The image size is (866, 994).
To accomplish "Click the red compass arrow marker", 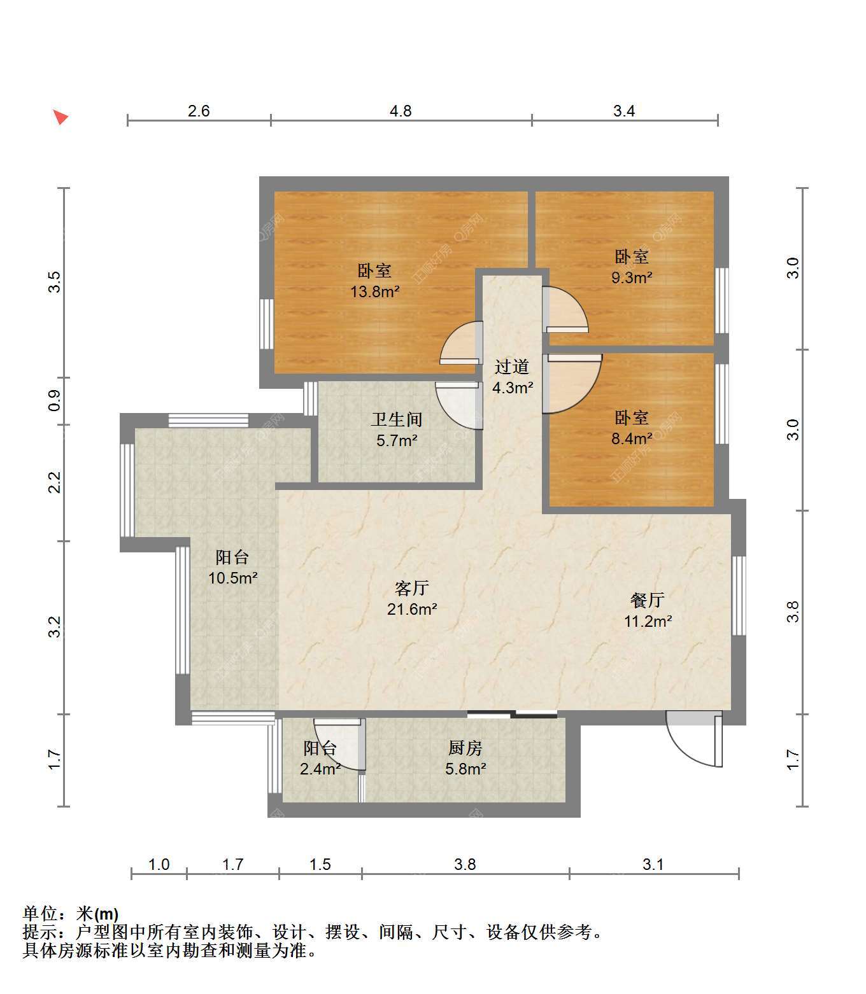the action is [60, 117].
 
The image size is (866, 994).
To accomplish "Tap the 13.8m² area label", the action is [374, 291].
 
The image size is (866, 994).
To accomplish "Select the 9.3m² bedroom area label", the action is [631, 277].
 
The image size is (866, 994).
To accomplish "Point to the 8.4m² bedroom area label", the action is [631, 438].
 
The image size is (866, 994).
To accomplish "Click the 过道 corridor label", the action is [512, 367].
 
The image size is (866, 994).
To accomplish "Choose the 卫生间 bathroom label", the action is [397, 419].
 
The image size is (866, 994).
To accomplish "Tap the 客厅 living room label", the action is [411, 589].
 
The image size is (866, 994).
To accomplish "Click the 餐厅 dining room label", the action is [648, 601].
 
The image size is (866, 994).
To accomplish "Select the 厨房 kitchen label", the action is [465, 748].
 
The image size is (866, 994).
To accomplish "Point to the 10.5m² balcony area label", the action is [233, 578].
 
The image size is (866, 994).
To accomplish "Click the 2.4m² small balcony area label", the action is [320, 769].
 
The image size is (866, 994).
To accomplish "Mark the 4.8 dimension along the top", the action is [401, 111].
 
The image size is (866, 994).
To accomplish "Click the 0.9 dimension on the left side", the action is [55, 401].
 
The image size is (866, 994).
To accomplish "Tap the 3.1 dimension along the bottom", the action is [653, 865].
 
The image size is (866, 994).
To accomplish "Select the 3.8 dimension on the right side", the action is [793, 612].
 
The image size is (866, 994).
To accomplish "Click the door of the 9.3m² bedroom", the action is [565, 309].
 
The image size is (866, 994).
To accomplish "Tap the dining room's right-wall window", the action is [739, 596].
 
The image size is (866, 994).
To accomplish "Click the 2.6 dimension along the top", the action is [199, 111].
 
